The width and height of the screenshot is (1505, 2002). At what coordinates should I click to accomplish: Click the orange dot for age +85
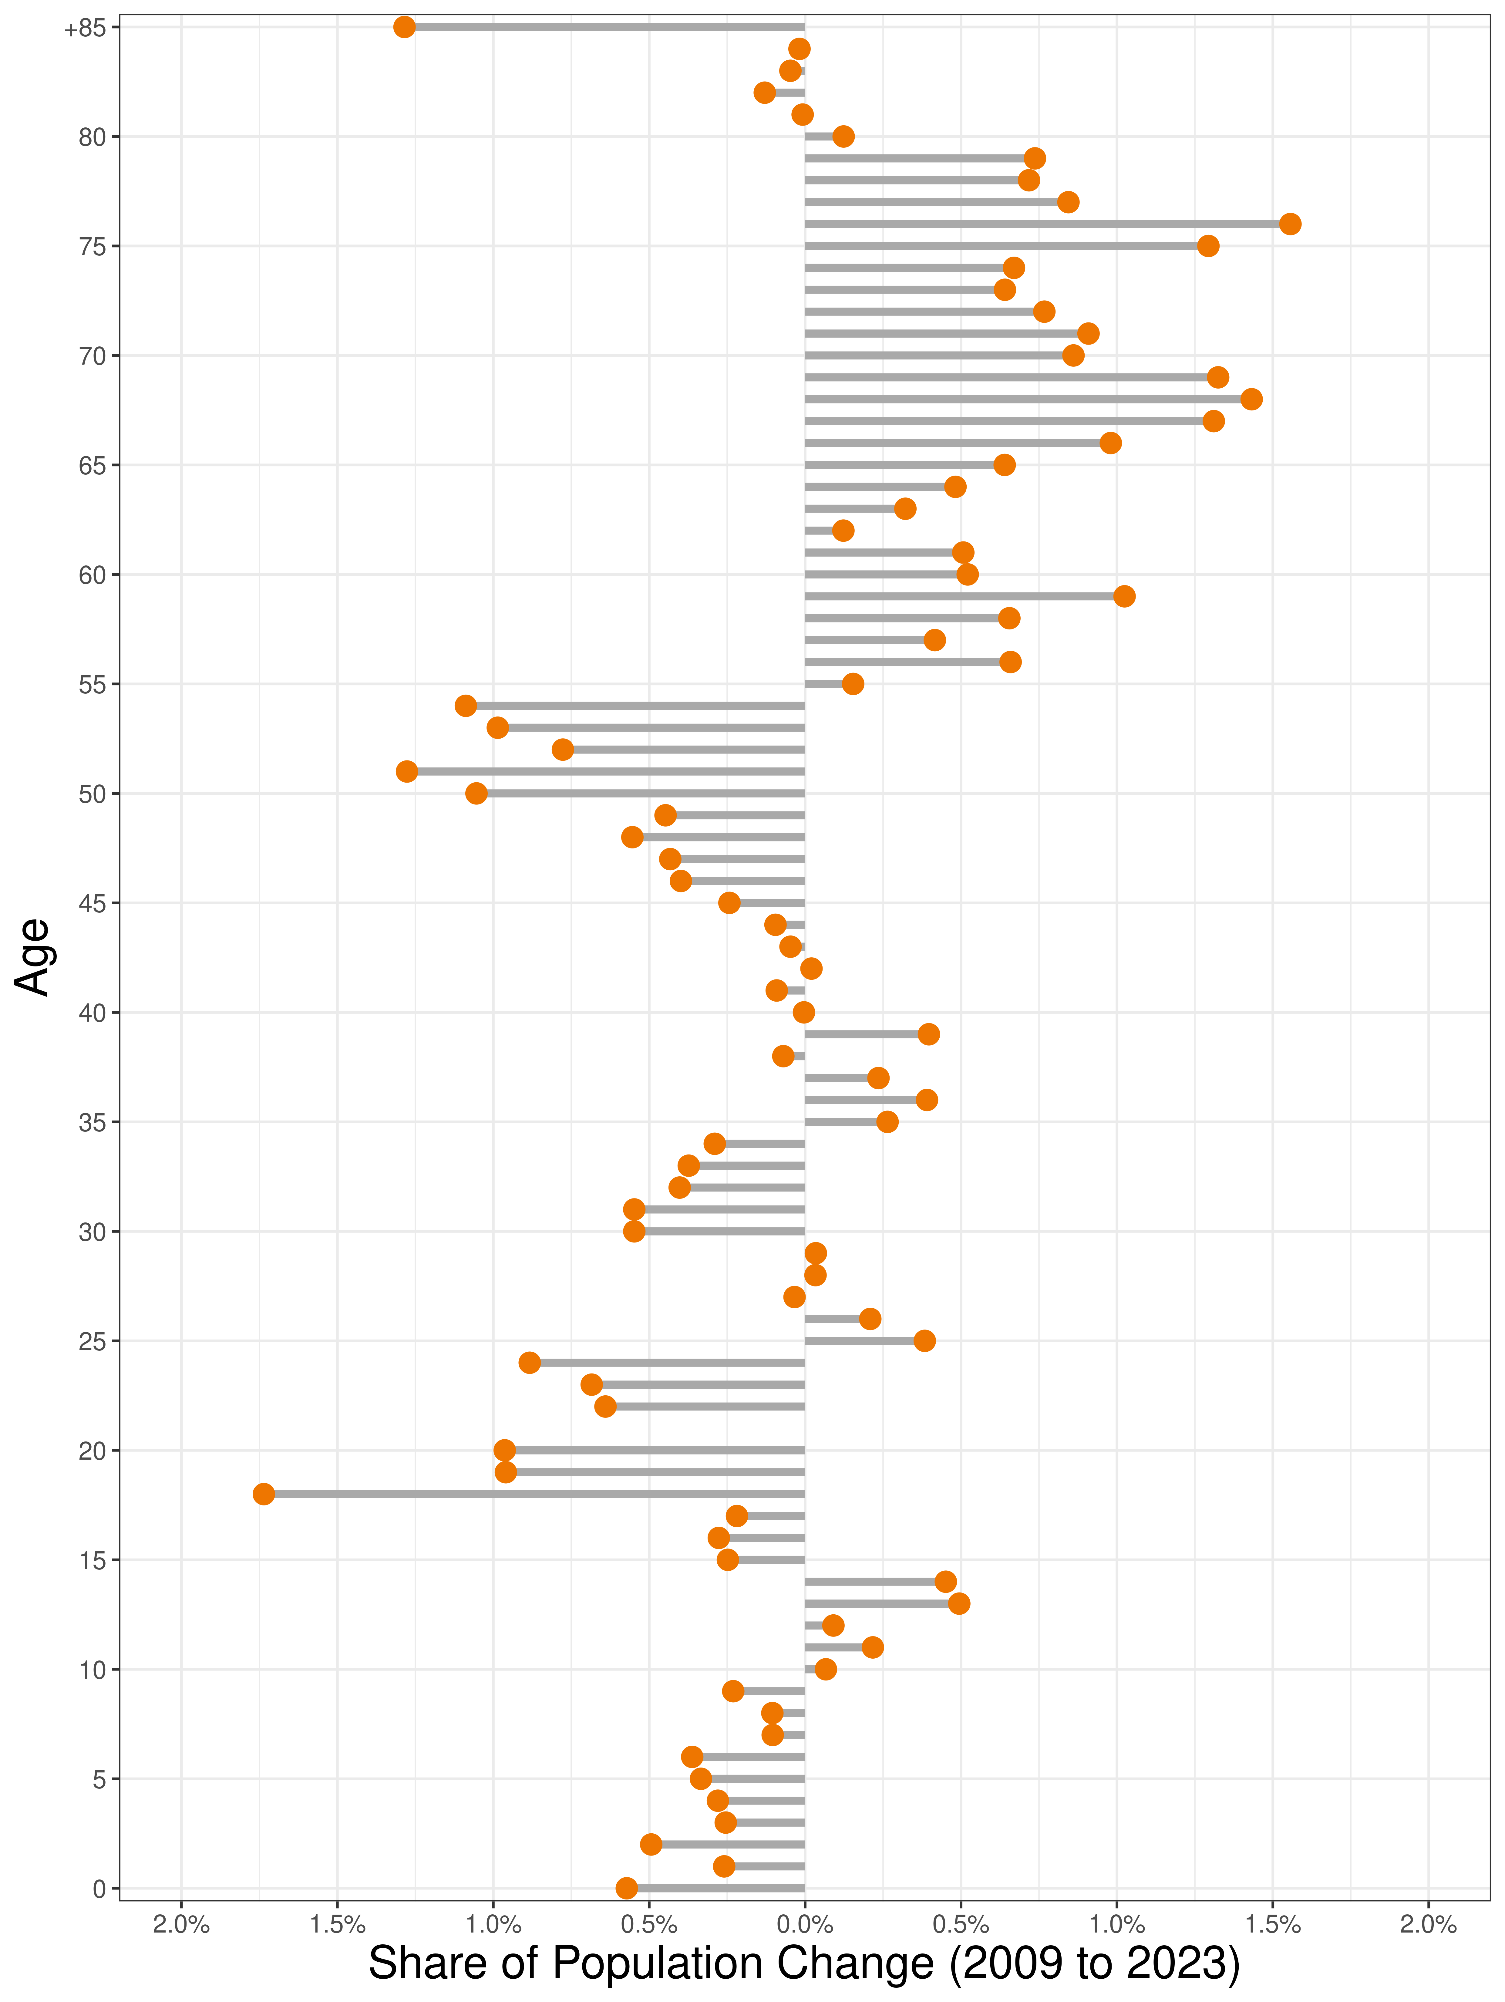[405, 27]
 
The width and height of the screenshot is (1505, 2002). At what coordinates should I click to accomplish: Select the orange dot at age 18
[263, 1493]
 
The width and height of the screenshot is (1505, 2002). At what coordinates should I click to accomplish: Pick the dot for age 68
[1251, 399]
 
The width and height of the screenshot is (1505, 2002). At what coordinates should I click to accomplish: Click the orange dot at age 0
[626, 1888]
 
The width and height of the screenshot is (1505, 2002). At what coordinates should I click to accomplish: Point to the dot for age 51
[407, 771]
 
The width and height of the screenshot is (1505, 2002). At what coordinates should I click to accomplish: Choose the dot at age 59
[1124, 595]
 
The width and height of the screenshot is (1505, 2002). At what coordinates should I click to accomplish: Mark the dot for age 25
[924, 1340]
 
